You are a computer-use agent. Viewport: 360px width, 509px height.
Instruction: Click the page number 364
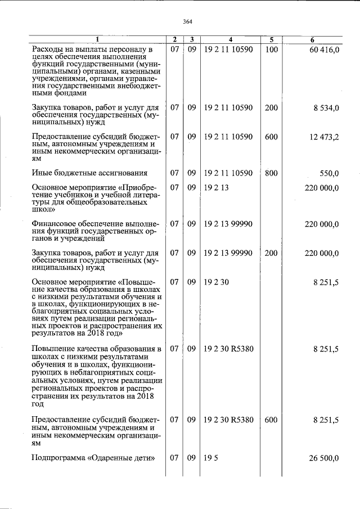pyautogui.click(x=188, y=22)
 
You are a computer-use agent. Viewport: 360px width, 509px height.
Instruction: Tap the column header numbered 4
pyautogui.click(x=230, y=39)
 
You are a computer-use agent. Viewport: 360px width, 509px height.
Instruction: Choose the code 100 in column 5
pyautogui.click(x=271, y=50)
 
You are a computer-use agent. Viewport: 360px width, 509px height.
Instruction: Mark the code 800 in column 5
pyautogui.click(x=271, y=173)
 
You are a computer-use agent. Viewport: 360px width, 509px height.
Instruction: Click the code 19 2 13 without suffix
pyautogui.click(x=216, y=187)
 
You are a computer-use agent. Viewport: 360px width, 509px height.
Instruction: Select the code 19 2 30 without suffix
pyautogui.click(x=216, y=282)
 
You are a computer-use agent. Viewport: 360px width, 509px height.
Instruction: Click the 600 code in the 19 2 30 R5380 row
pyautogui.click(x=271, y=420)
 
